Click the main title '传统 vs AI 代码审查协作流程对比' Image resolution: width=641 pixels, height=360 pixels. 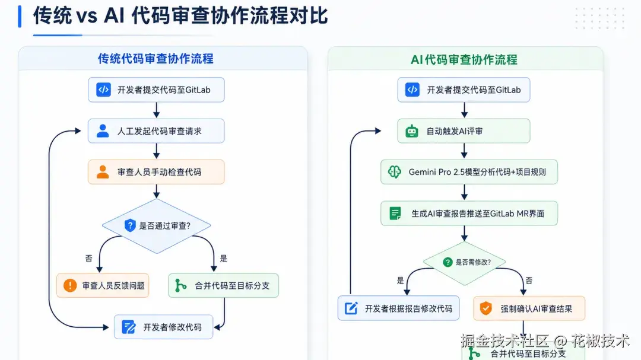coord(180,16)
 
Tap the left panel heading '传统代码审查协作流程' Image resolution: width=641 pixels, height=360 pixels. coord(156,59)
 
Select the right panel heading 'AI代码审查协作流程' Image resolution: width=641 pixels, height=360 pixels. coord(464,60)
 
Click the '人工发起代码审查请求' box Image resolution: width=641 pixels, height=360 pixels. coord(156,130)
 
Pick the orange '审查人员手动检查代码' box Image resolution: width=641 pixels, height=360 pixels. coord(156,172)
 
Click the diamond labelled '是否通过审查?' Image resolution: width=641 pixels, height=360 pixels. coord(157,225)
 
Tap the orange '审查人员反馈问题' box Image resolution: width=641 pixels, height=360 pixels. coord(103,285)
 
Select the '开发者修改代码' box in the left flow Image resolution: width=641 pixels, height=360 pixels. coord(164,327)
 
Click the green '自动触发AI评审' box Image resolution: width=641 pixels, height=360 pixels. coord(464,130)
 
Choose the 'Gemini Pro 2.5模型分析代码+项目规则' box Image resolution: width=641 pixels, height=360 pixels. coord(469,172)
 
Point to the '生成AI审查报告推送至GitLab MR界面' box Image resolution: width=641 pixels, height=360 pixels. coord(469,214)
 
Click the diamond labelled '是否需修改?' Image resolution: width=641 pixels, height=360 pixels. coord(464,262)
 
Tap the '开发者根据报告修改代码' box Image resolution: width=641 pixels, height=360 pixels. coord(399,308)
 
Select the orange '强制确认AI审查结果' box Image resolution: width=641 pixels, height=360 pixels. coord(529,308)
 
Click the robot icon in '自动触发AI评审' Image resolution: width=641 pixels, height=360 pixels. coord(412,131)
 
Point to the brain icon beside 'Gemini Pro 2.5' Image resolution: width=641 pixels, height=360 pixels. coord(395,172)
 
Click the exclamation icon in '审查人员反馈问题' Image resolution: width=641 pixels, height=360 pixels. coord(70,285)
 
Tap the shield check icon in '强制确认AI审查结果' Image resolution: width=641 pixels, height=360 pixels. coord(485,308)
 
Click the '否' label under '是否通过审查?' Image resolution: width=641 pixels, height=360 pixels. coord(88,258)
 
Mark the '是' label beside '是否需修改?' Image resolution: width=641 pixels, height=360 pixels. coord(400,281)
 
